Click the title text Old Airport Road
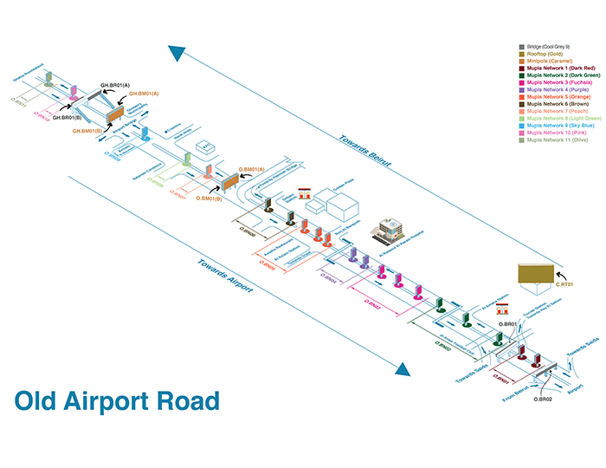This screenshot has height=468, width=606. click(117, 401)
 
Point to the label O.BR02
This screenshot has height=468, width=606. click(543, 398)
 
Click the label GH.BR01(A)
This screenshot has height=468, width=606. click(117, 85)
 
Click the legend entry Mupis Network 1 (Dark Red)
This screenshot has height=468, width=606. click(556, 68)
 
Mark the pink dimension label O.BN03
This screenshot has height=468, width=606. click(372, 306)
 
